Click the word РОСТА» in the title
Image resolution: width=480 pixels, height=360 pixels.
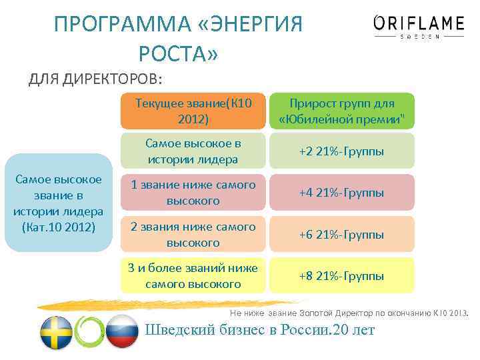[x=178, y=53]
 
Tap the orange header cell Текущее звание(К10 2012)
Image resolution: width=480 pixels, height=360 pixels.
[x=193, y=111]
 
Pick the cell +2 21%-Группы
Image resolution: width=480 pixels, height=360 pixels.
[x=341, y=151]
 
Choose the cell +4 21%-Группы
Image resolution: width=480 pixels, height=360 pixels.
[x=341, y=193]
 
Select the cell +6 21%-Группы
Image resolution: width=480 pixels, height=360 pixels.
[x=341, y=234]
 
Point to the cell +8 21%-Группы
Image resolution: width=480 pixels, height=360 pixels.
[x=341, y=275]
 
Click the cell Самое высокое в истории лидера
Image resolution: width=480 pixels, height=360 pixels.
[x=193, y=151]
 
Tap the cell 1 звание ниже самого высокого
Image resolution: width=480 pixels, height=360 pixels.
[x=193, y=193]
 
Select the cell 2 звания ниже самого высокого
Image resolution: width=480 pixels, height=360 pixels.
[x=193, y=234]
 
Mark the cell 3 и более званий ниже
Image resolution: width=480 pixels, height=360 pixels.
[x=193, y=275]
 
